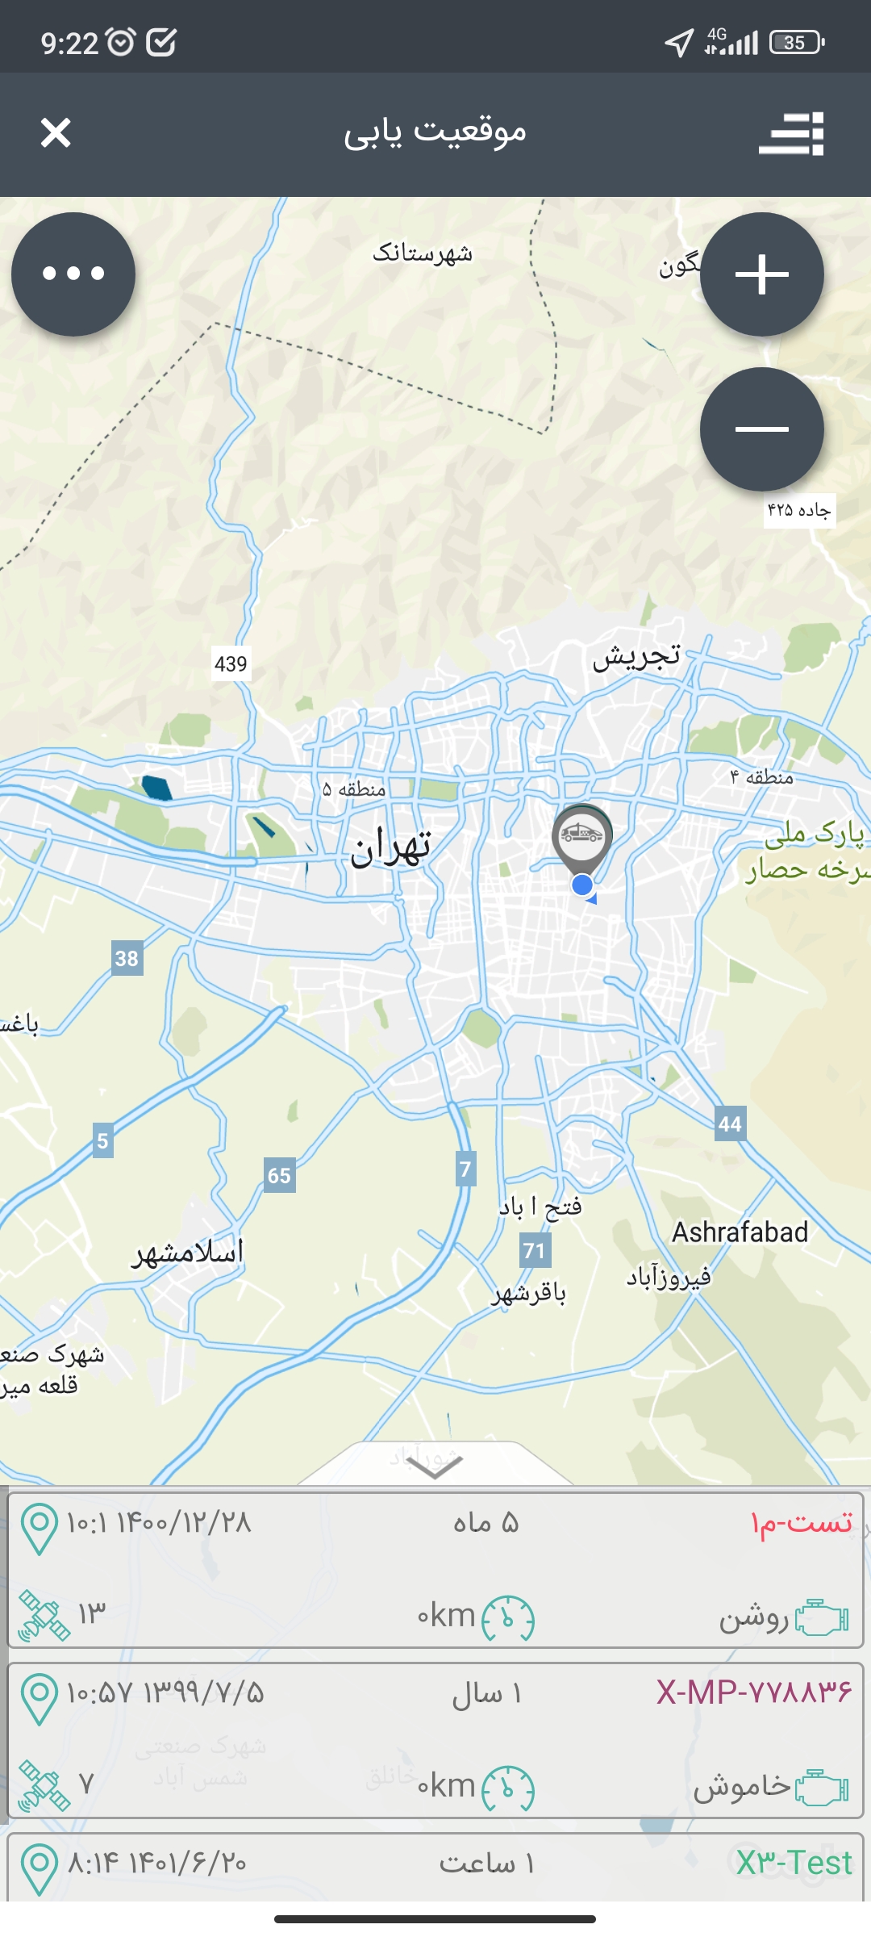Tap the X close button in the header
pos(56,133)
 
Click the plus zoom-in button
pos(761,274)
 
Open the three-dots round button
pos(73,274)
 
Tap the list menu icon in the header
pos(791,133)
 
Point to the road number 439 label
pos(231,664)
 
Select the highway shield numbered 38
pos(127,958)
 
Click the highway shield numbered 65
pos(279,1175)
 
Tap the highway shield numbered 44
pos(730,1123)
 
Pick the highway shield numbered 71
pos(534,1251)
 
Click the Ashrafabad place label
pos(740,1232)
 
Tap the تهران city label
pos(391,847)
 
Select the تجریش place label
pos(636,657)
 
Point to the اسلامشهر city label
pos(188,1253)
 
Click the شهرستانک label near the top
pos(422,253)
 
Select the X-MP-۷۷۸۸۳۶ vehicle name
pos(753,1692)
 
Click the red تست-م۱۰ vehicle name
pos(801,1522)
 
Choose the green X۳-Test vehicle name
pos(794,1863)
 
